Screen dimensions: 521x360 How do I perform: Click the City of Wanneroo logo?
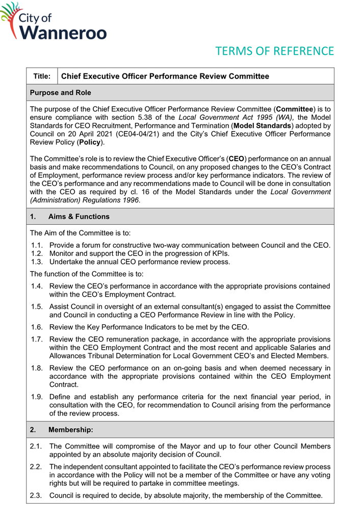pyautogui.click(x=54, y=22)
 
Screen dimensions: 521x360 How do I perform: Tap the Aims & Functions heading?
pyautogui.click(x=79, y=216)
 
